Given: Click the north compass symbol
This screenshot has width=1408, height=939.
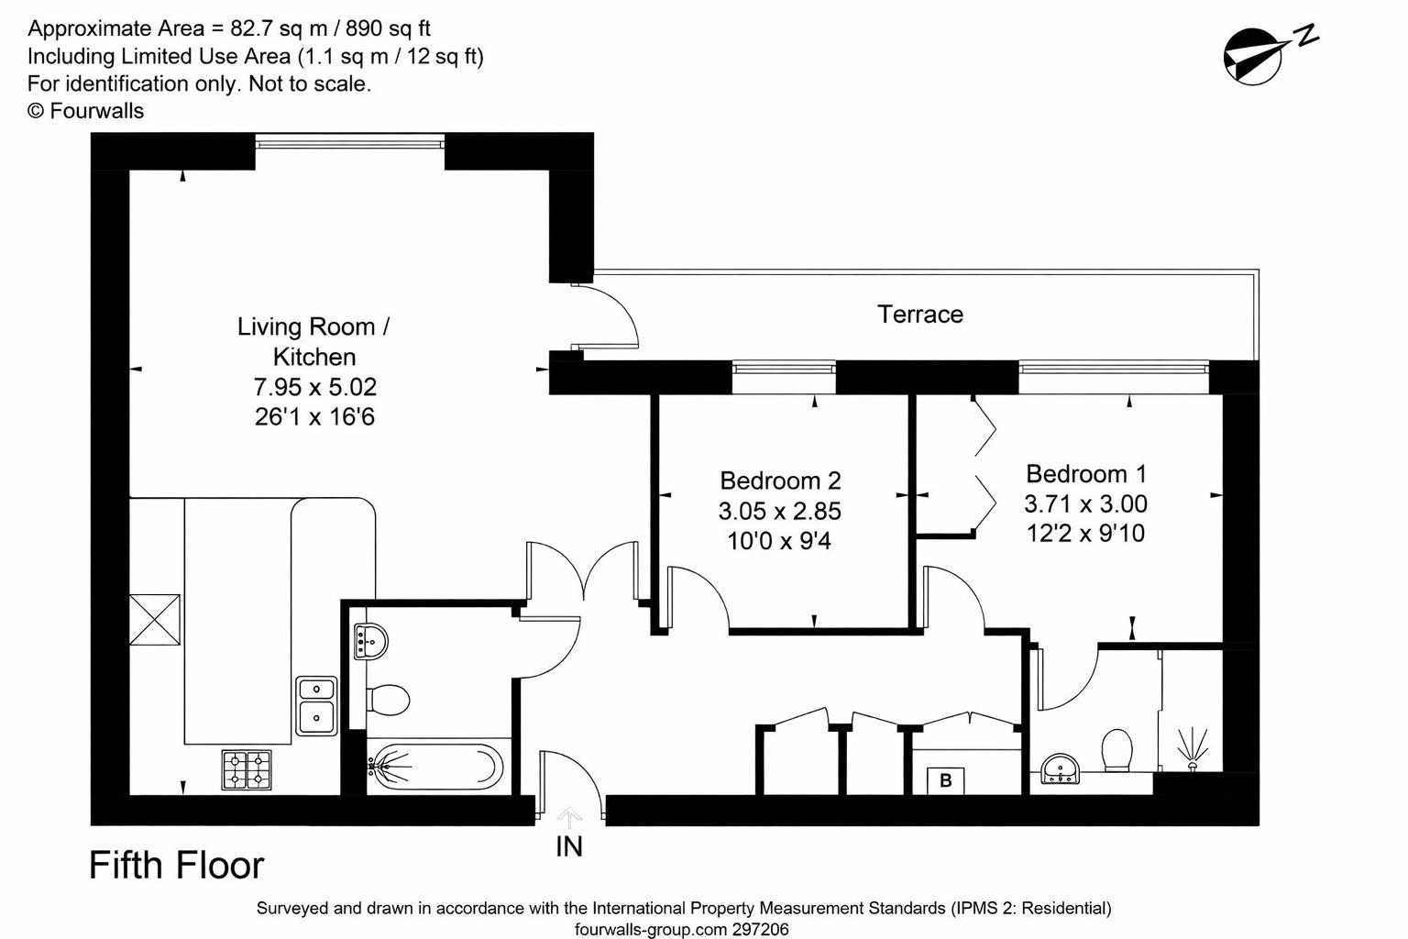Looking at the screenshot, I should coord(1252,55).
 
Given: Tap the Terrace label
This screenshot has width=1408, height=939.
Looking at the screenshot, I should coord(919,315).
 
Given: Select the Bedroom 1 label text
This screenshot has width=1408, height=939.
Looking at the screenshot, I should coord(1085,474).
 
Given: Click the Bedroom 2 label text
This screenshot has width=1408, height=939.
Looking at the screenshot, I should coord(780,481).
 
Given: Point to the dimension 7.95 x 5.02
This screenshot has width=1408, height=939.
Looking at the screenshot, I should coord(314,387).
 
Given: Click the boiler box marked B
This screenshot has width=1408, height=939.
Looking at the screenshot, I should coord(945,781).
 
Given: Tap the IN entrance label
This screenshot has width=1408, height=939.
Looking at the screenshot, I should coord(568,846).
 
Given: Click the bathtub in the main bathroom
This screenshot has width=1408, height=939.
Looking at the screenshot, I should coord(435,767).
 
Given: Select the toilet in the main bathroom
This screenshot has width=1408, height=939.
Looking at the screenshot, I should coord(389,701).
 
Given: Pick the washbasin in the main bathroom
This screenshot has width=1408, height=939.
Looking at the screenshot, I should coord(370,640).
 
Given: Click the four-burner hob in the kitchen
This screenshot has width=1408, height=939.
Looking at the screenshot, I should coord(247,770).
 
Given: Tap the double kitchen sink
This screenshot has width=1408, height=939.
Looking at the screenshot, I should coord(316,705).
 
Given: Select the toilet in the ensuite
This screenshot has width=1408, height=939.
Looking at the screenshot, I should coord(1116,750).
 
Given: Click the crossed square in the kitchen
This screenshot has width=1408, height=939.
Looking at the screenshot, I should coord(155,620).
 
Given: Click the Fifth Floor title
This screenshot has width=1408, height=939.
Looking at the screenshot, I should coord(176,866).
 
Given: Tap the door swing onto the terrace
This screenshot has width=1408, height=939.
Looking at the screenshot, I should coord(605,316).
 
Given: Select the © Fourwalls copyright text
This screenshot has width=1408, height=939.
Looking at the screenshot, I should coord(85,111).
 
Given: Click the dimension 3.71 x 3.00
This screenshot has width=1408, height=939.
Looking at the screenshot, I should coord(1085,504).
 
